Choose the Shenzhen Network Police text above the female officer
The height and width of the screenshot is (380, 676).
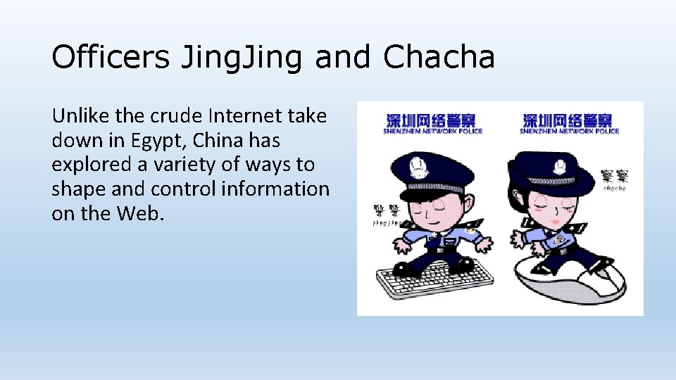[x=569, y=124]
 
